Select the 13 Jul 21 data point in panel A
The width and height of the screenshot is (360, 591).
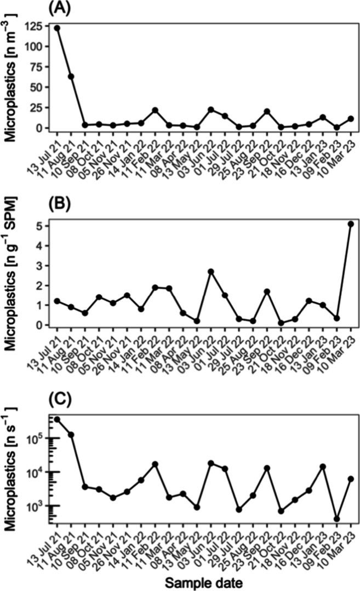click(x=57, y=28)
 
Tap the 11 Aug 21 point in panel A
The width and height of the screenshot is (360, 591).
click(x=71, y=76)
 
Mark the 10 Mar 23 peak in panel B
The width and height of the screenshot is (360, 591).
click(x=351, y=223)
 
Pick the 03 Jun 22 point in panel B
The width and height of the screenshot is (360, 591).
click(x=211, y=271)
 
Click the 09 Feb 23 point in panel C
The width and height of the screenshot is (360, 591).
click(x=337, y=519)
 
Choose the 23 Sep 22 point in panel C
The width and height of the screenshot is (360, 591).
click(x=267, y=468)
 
